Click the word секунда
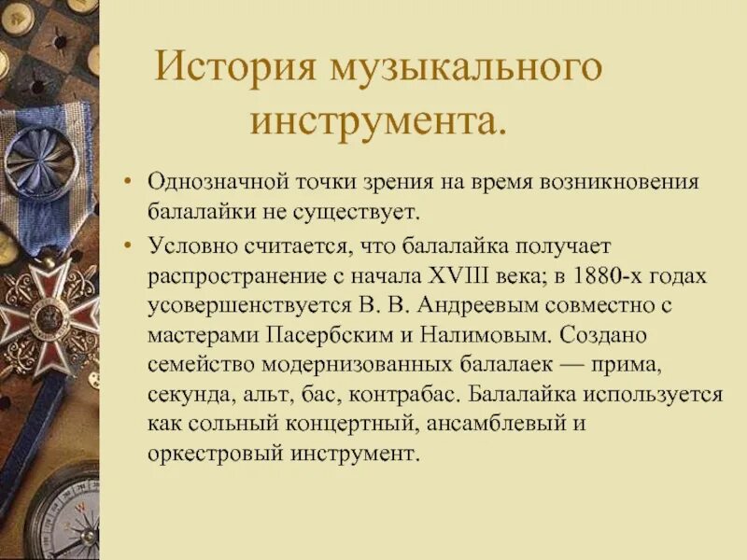(187, 395)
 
